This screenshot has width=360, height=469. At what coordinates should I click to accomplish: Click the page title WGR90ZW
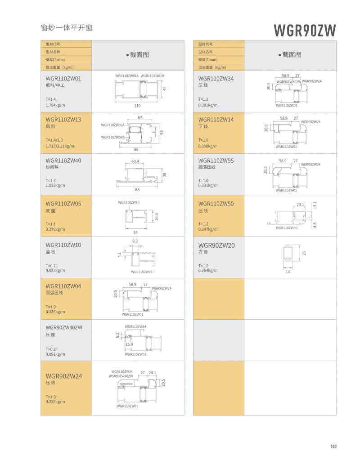305,30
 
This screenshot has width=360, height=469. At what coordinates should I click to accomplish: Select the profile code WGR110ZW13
63,120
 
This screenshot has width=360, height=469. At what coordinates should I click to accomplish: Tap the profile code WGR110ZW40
63,161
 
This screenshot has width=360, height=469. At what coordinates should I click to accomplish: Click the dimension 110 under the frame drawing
137,106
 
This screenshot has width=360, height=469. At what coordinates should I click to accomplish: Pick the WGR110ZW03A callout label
113,125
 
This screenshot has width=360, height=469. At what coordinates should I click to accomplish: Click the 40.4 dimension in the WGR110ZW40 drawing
135,161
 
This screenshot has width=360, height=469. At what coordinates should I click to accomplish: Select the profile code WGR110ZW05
63,203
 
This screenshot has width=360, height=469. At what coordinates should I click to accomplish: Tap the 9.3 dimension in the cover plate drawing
135,241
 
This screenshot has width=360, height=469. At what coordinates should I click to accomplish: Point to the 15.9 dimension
129,344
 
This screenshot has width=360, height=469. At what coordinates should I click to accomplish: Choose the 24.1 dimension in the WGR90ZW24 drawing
152,373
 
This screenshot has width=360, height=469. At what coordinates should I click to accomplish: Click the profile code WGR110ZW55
216,161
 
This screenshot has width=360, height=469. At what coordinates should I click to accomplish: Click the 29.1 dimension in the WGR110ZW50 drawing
300,205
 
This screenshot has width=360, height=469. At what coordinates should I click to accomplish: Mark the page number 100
333,447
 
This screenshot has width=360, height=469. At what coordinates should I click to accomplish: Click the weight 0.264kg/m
208,270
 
